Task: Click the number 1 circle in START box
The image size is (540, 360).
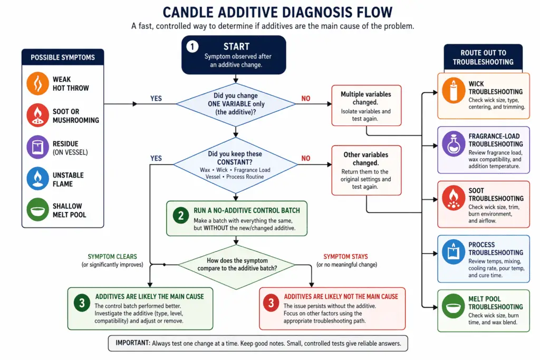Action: click(192, 47)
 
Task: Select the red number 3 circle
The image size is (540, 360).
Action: click(271, 303)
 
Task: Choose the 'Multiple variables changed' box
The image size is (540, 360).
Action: click(366, 105)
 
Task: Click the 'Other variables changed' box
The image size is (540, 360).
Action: click(366, 167)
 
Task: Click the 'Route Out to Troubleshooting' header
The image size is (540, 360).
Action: click(483, 57)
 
